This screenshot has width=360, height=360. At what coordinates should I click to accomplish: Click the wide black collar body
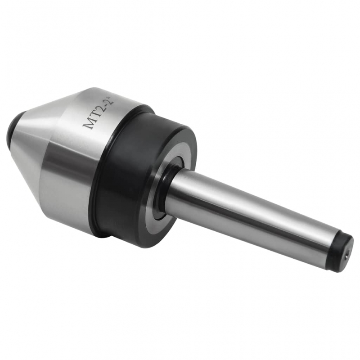tap(121, 180)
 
